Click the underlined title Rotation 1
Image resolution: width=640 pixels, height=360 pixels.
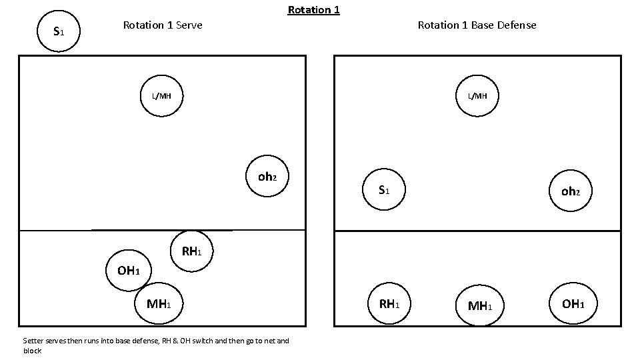point(313,10)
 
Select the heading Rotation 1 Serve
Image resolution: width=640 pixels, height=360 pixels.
point(163,25)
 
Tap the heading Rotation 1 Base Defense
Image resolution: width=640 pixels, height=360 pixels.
point(477,25)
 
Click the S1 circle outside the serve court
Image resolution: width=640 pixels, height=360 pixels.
point(59,31)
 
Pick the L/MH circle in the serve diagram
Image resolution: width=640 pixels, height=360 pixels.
point(161,96)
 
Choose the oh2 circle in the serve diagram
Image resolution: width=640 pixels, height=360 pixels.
point(267,177)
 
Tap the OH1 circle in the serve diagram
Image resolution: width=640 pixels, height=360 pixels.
point(128,270)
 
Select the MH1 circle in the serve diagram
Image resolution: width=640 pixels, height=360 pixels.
point(159,304)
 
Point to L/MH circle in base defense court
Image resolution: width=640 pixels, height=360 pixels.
point(477,96)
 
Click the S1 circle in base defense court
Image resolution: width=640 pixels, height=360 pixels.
point(383,190)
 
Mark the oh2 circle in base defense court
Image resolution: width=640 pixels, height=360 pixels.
point(571,191)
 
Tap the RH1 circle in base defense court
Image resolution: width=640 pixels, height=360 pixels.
point(389,304)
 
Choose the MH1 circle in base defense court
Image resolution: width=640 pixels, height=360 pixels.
point(479,306)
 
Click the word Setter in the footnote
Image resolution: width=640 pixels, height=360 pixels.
point(33,341)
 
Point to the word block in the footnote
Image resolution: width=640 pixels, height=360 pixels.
point(32,351)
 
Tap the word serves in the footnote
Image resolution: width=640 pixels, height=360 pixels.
point(55,341)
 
